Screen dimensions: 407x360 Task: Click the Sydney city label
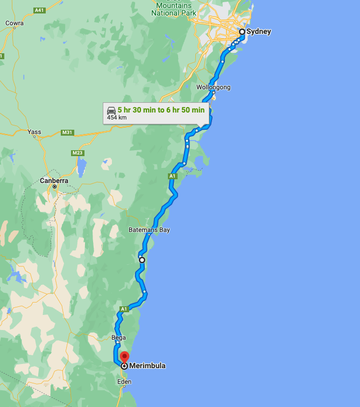click(259, 32)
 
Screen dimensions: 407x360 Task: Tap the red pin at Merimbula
click(124, 357)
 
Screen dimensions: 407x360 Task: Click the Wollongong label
click(213, 87)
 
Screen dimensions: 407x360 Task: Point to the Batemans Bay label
click(149, 230)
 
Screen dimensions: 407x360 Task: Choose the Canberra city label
click(54, 181)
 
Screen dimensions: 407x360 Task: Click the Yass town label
click(34, 131)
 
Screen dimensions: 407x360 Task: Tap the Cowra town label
click(14, 23)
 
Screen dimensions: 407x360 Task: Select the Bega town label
click(118, 338)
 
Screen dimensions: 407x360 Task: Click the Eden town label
click(124, 382)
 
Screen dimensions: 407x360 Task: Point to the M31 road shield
click(68, 132)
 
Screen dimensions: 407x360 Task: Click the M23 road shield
click(78, 153)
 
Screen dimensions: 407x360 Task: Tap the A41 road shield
click(39, 10)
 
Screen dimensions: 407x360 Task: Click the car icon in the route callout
click(111, 109)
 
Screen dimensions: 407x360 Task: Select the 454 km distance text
click(117, 117)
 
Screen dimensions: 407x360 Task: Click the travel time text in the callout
click(161, 109)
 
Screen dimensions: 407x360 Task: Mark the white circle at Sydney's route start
click(242, 32)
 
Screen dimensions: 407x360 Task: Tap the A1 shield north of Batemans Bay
click(172, 176)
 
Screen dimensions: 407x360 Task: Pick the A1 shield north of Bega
click(124, 308)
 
